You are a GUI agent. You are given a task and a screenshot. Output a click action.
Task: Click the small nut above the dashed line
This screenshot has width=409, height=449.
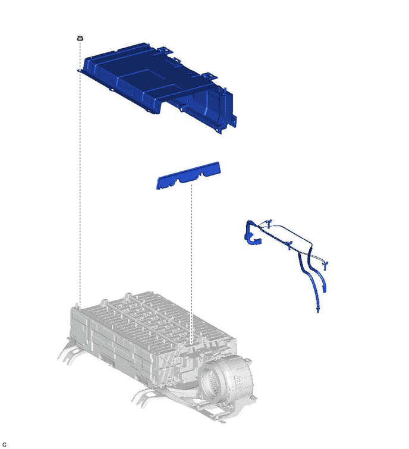point(80,38)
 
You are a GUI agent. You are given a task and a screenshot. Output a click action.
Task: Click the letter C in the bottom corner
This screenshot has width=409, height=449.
point(4,444)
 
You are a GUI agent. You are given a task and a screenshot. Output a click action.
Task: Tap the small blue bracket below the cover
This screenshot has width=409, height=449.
point(188,175)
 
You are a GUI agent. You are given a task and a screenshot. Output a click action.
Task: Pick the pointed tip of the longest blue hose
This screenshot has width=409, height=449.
point(318,312)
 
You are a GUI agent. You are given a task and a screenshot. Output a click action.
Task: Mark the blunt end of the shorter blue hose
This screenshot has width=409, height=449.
point(325,290)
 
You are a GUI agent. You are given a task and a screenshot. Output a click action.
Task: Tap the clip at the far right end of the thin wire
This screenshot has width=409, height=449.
point(325,265)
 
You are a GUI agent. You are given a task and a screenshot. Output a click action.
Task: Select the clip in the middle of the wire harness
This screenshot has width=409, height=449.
point(289,246)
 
